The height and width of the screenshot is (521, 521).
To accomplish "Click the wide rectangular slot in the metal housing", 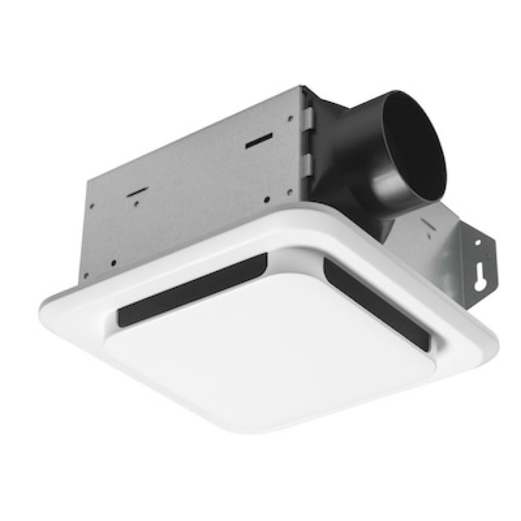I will click(x=259, y=141).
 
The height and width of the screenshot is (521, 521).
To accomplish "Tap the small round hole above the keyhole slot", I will click(x=479, y=242).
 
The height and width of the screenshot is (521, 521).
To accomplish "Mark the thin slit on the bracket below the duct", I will click(x=427, y=225).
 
